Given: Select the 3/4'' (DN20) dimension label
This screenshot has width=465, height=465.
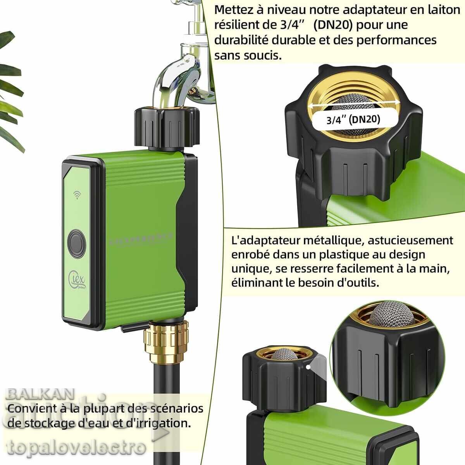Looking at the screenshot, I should (x=353, y=119).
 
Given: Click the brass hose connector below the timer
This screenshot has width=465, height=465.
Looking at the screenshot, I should (x=167, y=341).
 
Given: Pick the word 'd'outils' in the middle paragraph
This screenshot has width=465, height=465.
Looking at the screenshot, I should (x=358, y=283).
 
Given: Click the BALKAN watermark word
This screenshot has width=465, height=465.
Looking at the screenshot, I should (x=41, y=394).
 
